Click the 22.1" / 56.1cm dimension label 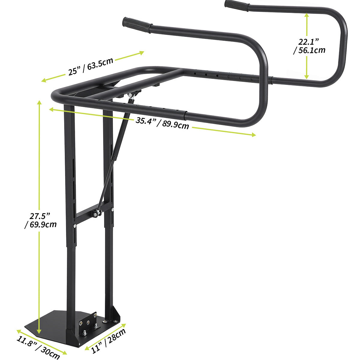coord(309,46)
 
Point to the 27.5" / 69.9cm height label coord(41,220)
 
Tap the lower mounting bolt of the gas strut coord(95,213)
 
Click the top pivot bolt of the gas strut coord(130,95)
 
